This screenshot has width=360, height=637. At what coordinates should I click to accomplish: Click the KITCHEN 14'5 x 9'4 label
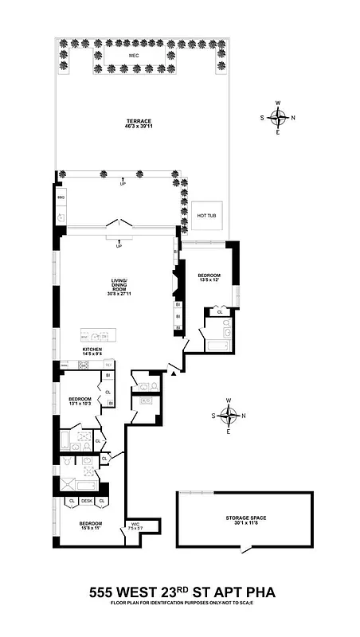point(94,352)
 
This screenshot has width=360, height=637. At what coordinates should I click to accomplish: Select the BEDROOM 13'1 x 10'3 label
point(80,401)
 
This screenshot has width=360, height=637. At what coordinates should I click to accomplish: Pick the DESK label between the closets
point(86,501)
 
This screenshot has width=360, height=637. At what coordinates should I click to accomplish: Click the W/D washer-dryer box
point(146,401)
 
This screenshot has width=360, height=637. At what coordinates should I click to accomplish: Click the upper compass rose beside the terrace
point(278,118)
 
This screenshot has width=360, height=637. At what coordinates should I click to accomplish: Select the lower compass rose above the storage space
point(229,416)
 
